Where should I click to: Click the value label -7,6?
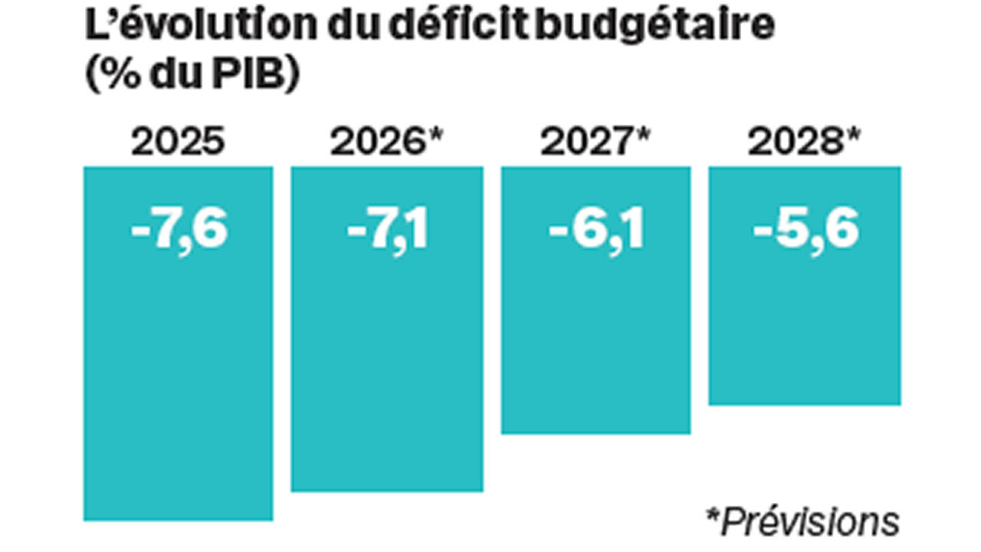180,229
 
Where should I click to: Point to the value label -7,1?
387,229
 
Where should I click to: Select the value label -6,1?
596,229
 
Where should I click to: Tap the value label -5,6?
805,229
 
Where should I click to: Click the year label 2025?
178,143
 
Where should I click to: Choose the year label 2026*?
387,143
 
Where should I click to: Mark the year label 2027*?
595,143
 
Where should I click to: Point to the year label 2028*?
804,143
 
